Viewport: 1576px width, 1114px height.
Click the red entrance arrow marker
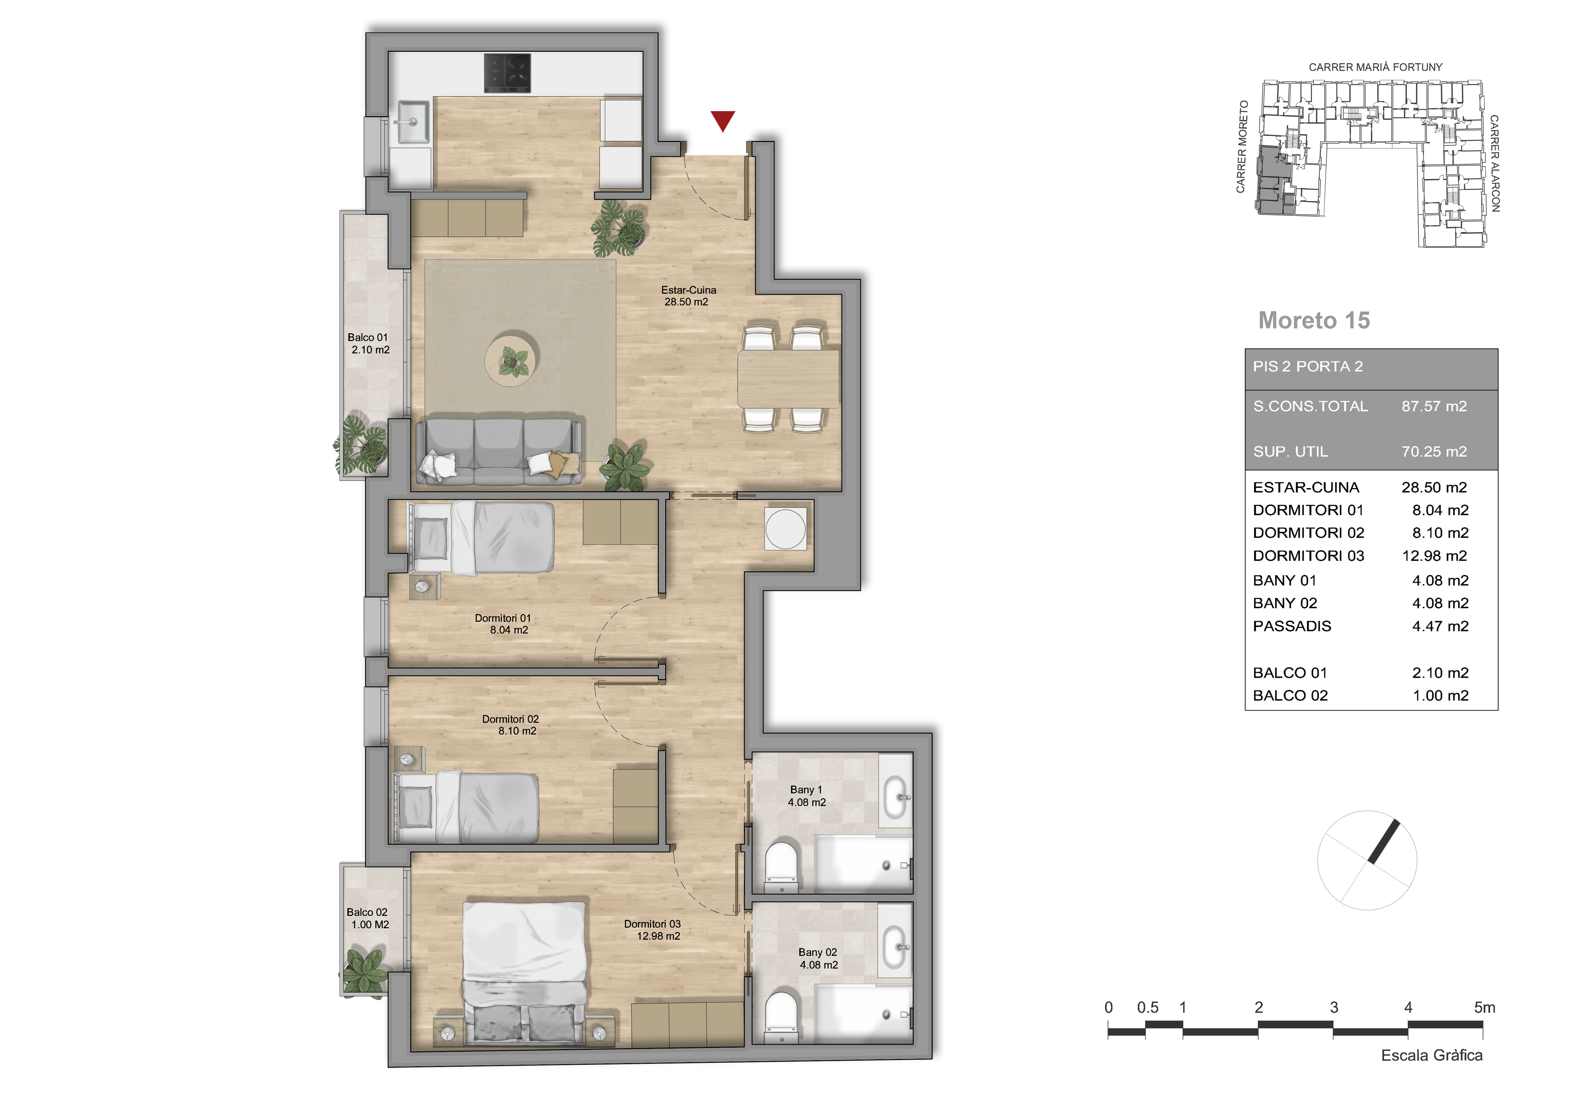[723, 120]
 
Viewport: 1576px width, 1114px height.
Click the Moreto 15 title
[1314, 320]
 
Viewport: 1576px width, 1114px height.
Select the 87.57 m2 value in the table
[1434, 406]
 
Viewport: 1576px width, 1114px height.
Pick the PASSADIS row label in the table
[1292, 626]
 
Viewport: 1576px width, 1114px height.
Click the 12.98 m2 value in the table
[1434, 556]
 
